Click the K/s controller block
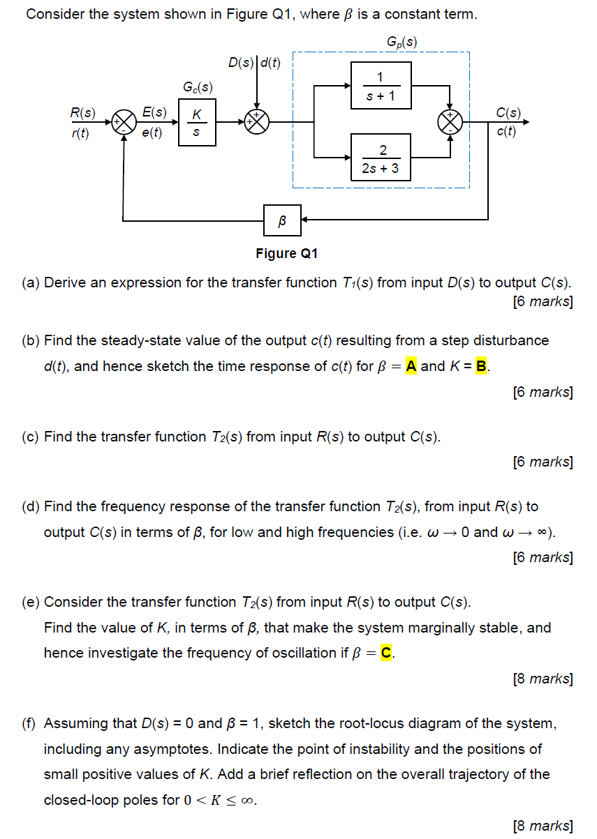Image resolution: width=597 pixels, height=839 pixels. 198,122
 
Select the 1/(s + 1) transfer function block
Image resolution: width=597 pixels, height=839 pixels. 381,85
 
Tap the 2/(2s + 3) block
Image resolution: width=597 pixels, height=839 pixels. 381,158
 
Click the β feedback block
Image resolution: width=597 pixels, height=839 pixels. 282,221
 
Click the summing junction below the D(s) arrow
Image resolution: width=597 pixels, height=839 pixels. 258,122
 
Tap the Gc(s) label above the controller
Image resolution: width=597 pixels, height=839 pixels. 198,88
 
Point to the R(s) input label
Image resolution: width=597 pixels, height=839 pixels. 82,112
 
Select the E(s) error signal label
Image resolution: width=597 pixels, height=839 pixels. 154,112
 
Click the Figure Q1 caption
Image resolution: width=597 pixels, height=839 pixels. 287,253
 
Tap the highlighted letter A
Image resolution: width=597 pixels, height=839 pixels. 411,366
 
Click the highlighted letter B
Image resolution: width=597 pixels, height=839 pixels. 480,366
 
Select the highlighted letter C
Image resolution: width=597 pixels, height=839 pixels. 386,653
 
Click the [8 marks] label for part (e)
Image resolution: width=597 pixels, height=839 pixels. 543,679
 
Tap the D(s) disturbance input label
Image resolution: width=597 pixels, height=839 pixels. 242,63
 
